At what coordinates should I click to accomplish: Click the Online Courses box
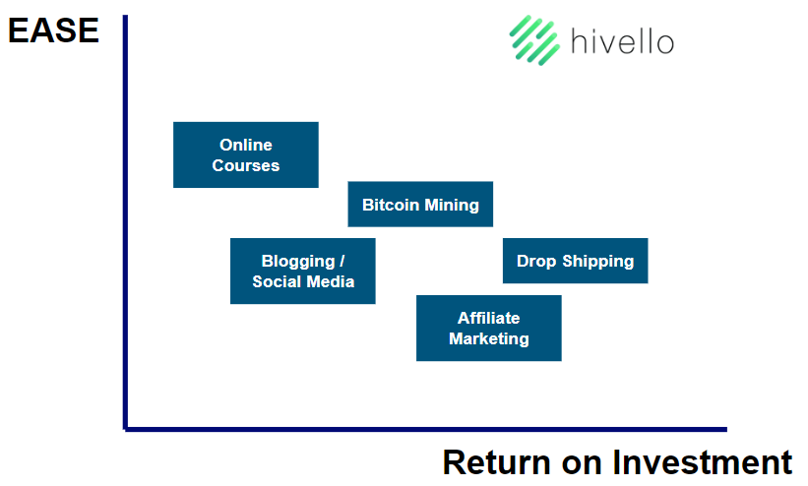246,154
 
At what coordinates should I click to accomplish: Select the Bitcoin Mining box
420,204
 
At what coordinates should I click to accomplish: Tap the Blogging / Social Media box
303,272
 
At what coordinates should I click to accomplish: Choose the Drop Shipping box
576,261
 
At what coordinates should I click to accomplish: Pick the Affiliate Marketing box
489,328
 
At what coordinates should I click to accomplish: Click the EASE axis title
53,30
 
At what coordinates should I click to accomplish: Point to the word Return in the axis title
497,462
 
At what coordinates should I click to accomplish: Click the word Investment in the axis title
703,462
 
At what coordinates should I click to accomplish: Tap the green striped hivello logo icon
534,40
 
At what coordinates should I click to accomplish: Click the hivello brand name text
623,40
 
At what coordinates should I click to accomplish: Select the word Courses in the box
246,165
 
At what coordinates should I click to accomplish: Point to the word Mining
452,205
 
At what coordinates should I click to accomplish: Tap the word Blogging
298,262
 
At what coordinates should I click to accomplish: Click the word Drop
536,262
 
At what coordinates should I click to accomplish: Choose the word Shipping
597,262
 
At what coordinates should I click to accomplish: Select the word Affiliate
489,318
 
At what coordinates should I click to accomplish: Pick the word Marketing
489,338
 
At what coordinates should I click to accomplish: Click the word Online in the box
246,145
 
